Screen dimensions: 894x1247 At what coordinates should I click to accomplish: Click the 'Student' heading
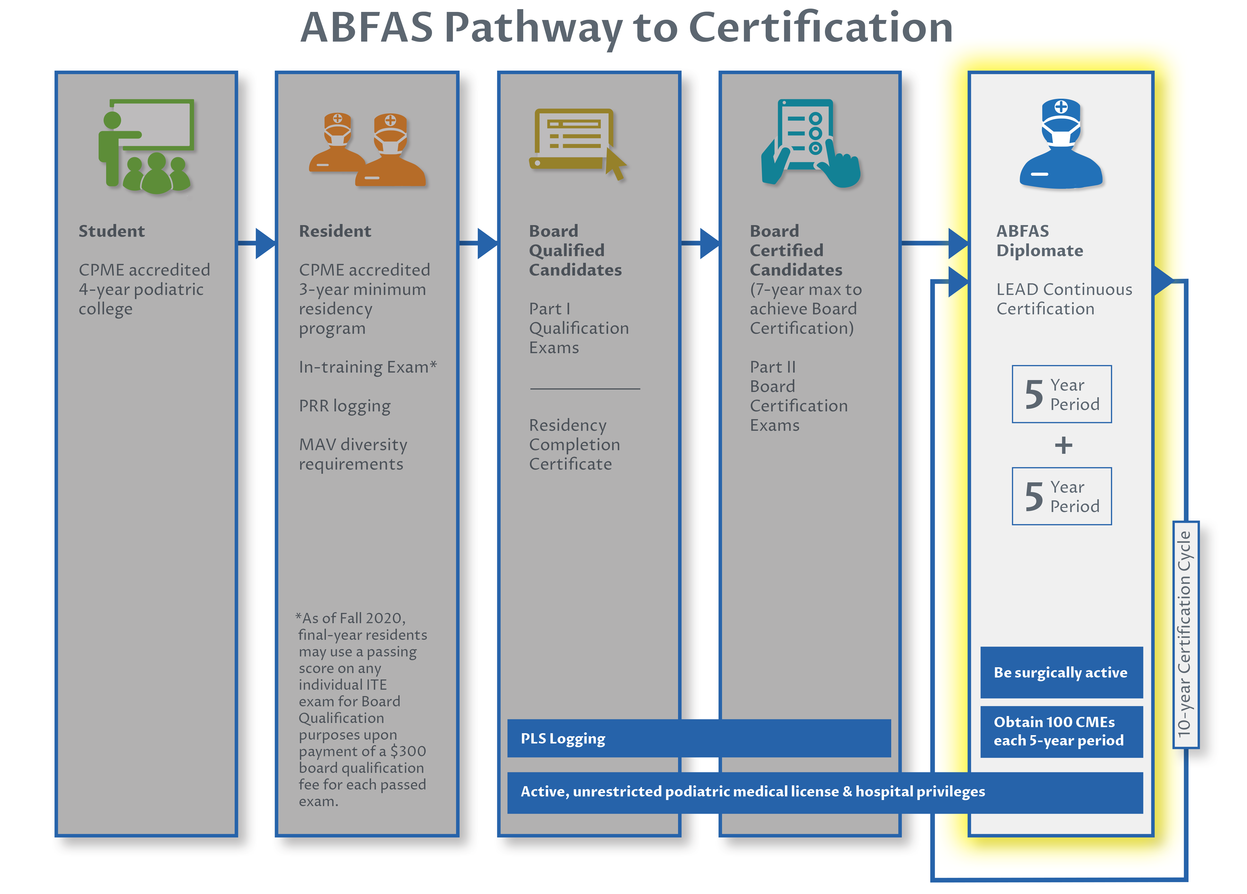click(x=112, y=231)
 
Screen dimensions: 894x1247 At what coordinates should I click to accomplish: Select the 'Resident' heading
click(x=335, y=231)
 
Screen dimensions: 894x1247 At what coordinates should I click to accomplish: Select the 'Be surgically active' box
click(x=1061, y=672)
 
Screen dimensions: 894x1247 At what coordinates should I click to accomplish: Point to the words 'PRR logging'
click(x=345, y=406)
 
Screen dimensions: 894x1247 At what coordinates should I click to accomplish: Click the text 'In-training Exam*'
click(x=367, y=367)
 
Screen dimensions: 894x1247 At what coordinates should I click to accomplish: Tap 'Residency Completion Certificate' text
click(x=574, y=445)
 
